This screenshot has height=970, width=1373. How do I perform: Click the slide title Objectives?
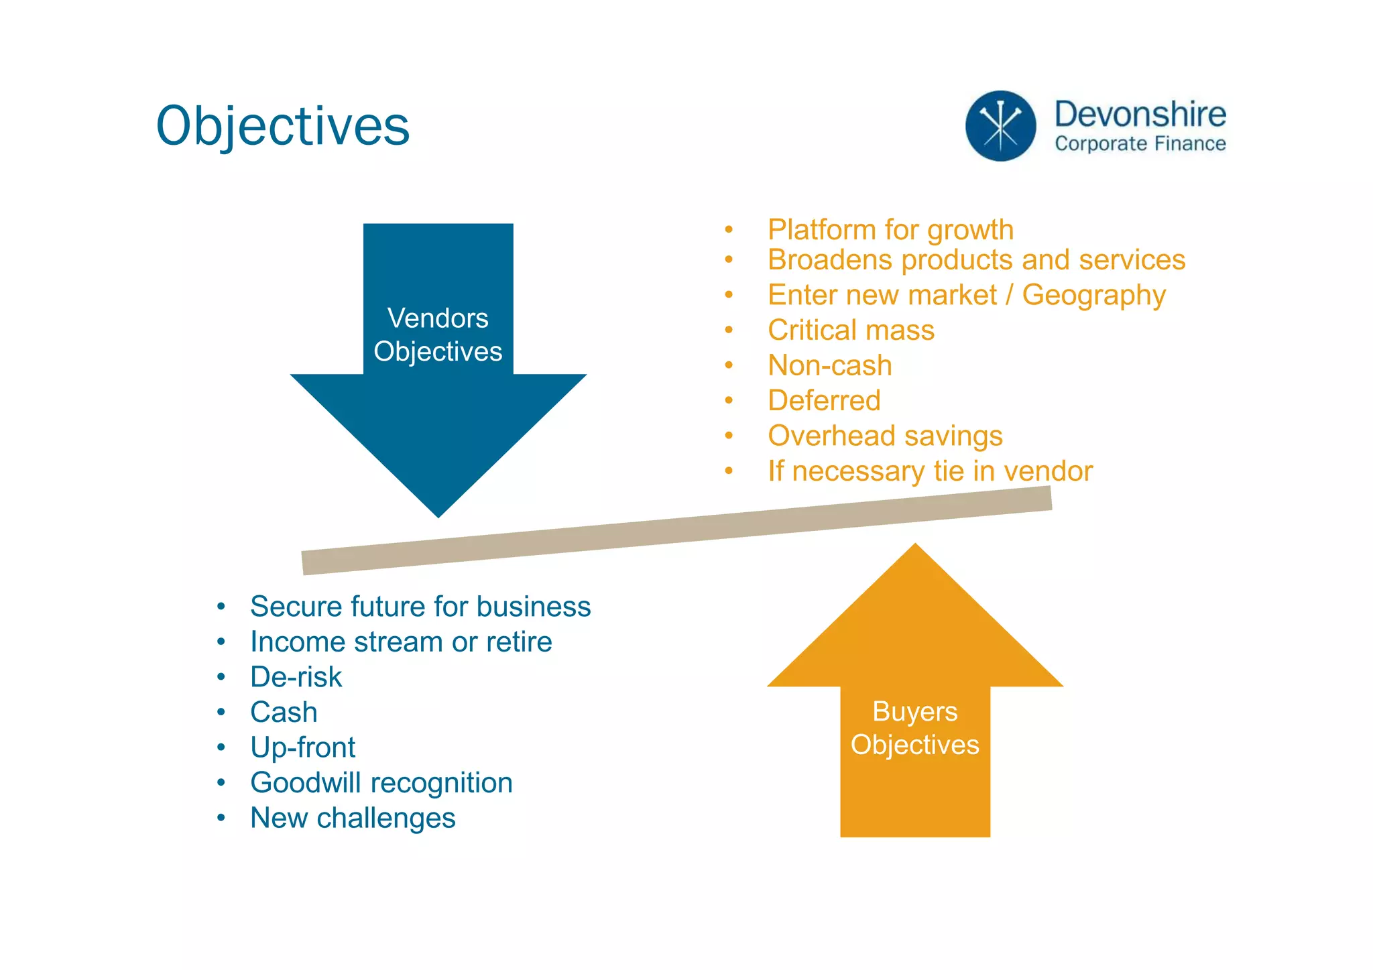point(282,126)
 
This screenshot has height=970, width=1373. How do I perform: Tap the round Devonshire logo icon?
point(1000,126)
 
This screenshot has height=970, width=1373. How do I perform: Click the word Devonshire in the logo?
point(1140,114)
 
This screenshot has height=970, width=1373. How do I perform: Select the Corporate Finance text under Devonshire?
point(1140,143)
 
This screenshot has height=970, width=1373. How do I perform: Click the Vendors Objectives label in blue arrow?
point(438,335)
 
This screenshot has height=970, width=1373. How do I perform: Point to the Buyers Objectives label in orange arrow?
point(914,728)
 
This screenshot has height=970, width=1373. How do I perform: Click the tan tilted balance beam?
point(676,530)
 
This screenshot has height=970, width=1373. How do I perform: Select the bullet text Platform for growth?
point(890,230)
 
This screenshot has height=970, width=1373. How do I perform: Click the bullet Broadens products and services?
point(976,260)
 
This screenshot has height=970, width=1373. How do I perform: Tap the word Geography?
point(1094,296)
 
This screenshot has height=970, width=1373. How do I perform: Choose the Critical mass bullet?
point(851,330)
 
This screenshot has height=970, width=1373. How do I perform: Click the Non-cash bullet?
point(829,366)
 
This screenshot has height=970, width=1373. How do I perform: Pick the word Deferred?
point(824,401)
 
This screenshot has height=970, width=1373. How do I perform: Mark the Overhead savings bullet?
point(885,436)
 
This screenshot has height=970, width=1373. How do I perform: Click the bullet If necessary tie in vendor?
point(930,471)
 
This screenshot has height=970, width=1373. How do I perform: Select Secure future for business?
point(420,607)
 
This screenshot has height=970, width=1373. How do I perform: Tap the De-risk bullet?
point(296,677)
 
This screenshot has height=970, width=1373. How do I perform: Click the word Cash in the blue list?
point(284,713)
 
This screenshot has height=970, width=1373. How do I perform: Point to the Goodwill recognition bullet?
point(381,783)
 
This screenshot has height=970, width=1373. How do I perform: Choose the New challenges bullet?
point(353,819)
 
